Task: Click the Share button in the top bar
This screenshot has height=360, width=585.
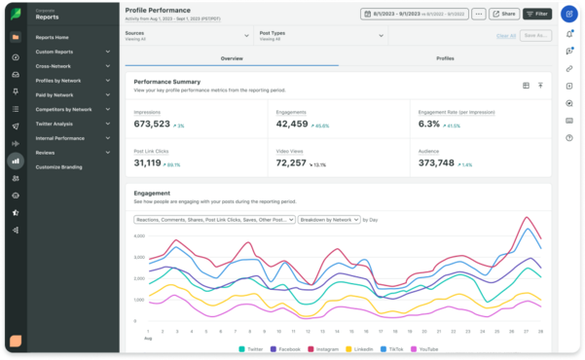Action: click(503, 15)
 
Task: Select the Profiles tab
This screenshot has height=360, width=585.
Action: click(445, 58)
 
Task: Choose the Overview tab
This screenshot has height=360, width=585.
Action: click(232, 58)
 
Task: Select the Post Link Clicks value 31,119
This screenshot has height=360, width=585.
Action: click(154, 162)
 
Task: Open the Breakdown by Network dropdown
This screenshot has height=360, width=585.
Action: click(329, 220)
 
